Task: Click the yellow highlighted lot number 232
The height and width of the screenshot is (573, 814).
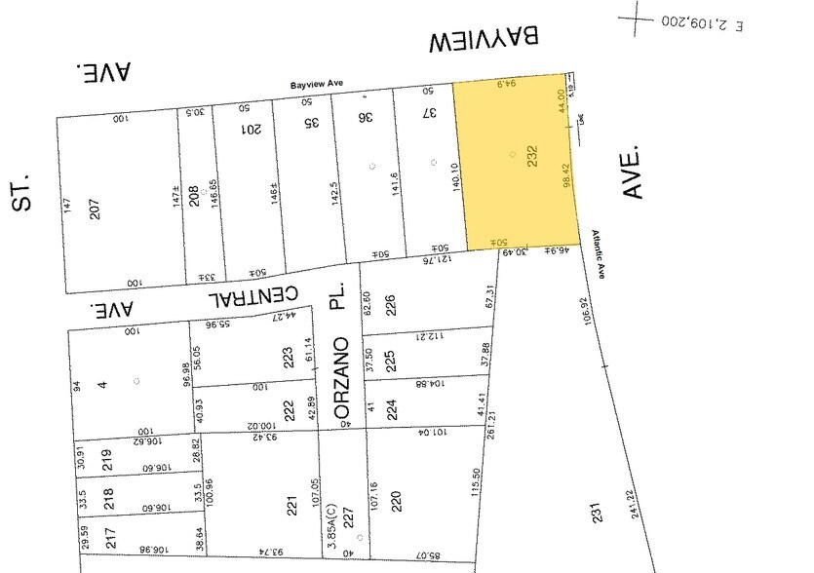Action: pyautogui.click(x=533, y=157)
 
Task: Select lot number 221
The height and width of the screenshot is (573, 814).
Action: pyautogui.click(x=291, y=504)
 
